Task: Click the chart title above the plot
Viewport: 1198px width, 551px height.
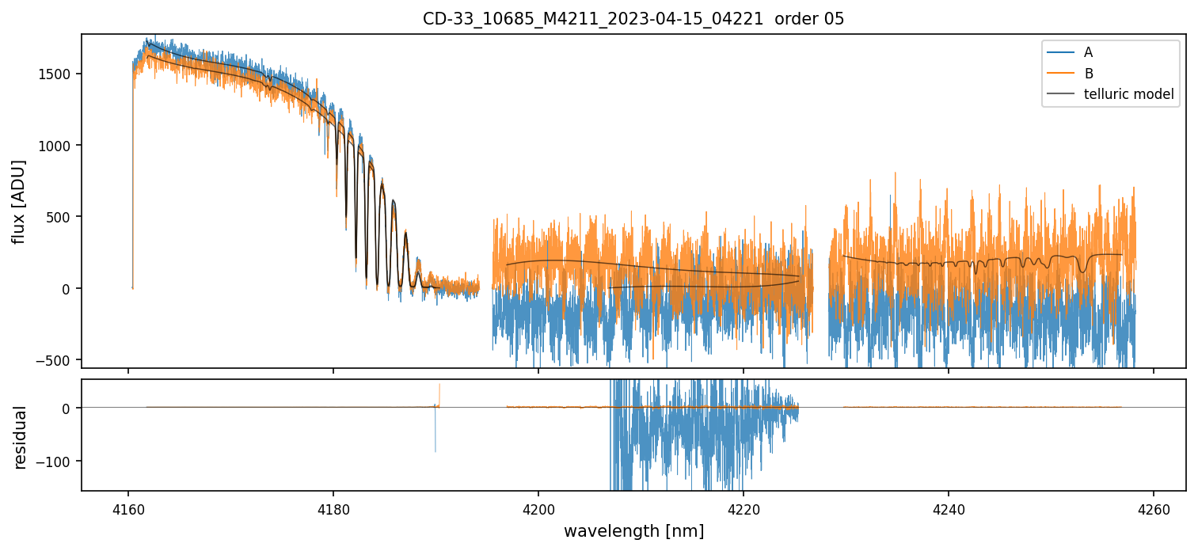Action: click(x=633, y=18)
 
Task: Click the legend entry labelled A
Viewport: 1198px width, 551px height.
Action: click(x=1088, y=52)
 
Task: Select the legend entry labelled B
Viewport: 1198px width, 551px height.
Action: click(x=1088, y=74)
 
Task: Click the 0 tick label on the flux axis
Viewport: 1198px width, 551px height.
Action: click(x=69, y=289)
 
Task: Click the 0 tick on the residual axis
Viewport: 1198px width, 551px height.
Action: click(x=69, y=408)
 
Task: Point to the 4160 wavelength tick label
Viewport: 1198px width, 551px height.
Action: click(x=128, y=507)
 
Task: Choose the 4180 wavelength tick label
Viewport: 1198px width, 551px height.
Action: click(x=333, y=507)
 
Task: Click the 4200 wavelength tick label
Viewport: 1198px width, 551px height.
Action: click(x=538, y=507)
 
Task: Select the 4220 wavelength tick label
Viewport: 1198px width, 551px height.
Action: click(x=744, y=507)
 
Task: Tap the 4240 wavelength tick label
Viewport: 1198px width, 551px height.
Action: click(x=949, y=507)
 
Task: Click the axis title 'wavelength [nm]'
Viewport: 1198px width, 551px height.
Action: click(x=633, y=531)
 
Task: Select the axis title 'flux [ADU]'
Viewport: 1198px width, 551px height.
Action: click(x=19, y=201)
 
